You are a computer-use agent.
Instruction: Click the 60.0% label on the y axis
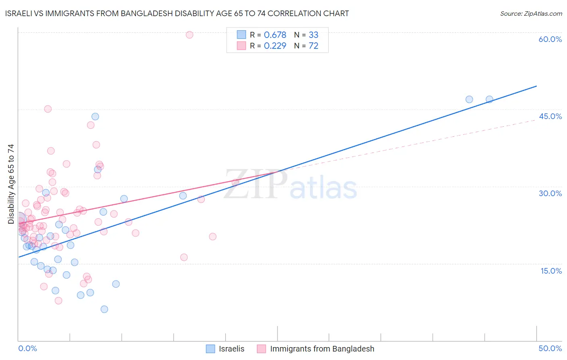click(x=550, y=39)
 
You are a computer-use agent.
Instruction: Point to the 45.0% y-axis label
click(x=550, y=116)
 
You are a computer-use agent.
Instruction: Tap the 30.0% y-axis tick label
click(x=550, y=193)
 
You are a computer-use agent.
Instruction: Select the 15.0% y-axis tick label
click(x=551, y=271)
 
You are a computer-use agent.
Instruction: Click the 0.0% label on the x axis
click(x=27, y=348)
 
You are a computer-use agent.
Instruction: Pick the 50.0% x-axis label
click(x=550, y=348)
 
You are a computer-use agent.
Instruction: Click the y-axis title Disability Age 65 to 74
click(x=11, y=184)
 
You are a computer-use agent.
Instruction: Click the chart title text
click(x=177, y=13)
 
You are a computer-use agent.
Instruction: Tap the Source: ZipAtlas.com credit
click(x=531, y=13)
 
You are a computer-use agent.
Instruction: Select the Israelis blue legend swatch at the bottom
click(x=211, y=349)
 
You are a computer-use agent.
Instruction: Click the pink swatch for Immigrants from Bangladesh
click(x=262, y=349)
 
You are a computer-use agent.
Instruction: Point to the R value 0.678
click(x=275, y=35)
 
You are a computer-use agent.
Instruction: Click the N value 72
click(x=313, y=46)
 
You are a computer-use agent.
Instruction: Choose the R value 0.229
click(x=275, y=46)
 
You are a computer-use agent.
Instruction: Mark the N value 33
click(x=313, y=35)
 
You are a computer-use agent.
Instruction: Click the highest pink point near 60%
click(x=190, y=35)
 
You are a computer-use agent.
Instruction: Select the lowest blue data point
click(x=104, y=309)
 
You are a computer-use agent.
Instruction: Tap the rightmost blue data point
click(x=489, y=99)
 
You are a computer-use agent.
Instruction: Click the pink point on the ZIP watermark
click(x=235, y=182)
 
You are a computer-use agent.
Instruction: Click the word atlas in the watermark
click(x=323, y=188)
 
